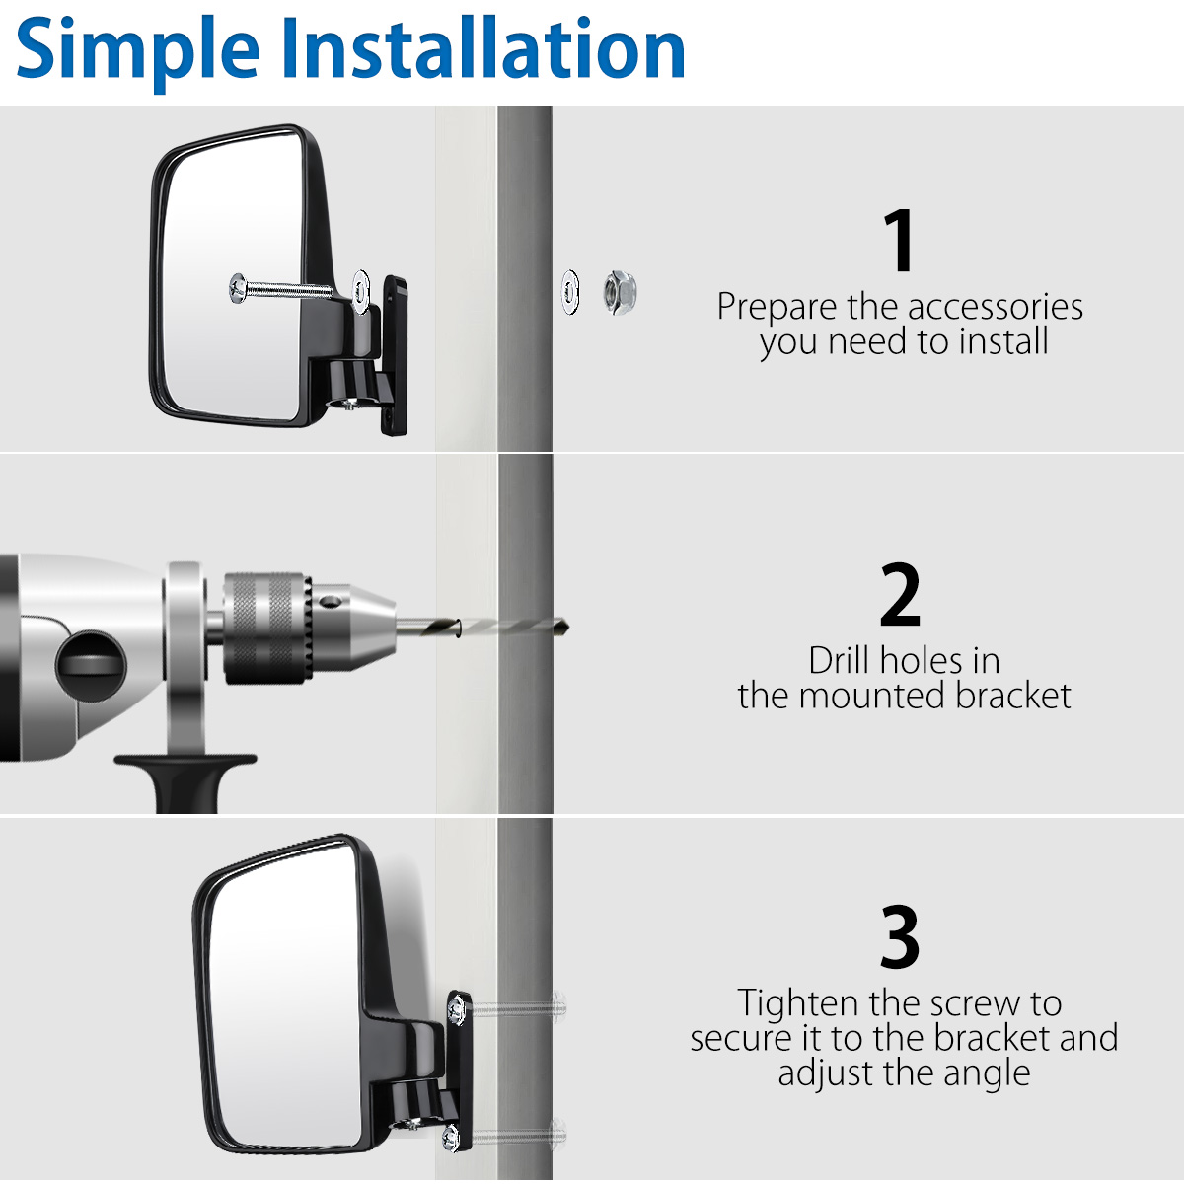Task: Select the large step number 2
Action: point(900,594)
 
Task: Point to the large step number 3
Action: point(900,936)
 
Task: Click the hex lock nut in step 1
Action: point(620,292)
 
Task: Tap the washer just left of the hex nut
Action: point(570,292)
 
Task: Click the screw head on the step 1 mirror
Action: point(237,288)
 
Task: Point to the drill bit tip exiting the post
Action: point(566,628)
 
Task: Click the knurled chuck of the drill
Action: point(267,628)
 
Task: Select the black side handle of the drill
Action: point(185,779)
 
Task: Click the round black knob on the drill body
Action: point(91,664)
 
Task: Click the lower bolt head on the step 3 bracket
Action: point(450,1138)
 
